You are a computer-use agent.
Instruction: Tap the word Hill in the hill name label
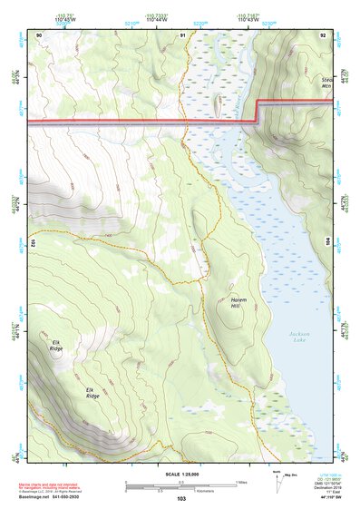[237, 306]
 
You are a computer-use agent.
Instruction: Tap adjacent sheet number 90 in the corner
[39, 34]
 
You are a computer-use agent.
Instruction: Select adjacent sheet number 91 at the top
[182, 34]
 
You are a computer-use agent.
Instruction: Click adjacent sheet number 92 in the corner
[323, 34]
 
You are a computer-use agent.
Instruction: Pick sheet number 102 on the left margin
[33, 242]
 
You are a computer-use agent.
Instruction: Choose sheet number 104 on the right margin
[328, 242]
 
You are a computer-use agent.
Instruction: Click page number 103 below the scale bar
[181, 498]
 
